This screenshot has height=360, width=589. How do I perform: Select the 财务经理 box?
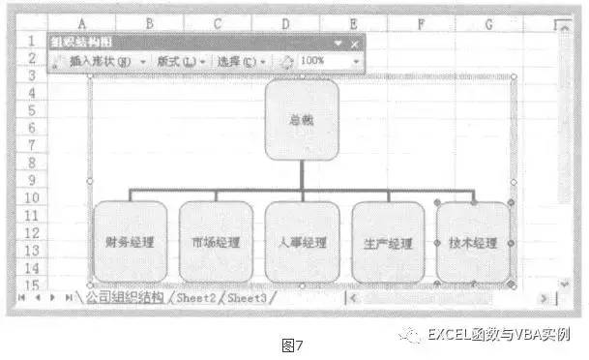click(130, 242)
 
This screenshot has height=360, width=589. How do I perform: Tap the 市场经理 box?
click(216, 242)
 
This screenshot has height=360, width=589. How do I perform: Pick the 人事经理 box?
click(302, 242)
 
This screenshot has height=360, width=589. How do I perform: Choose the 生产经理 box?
click(388, 242)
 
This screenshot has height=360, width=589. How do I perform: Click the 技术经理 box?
click(473, 242)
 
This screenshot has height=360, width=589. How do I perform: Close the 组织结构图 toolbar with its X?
click(355, 44)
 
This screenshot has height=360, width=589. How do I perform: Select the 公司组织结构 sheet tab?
click(124, 298)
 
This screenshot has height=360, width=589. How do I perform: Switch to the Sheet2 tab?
click(197, 298)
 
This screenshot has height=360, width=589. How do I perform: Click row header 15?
click(31, 285)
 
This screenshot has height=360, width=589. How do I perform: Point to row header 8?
click(31, 162)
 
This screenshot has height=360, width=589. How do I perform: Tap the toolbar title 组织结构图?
click(82, 44)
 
